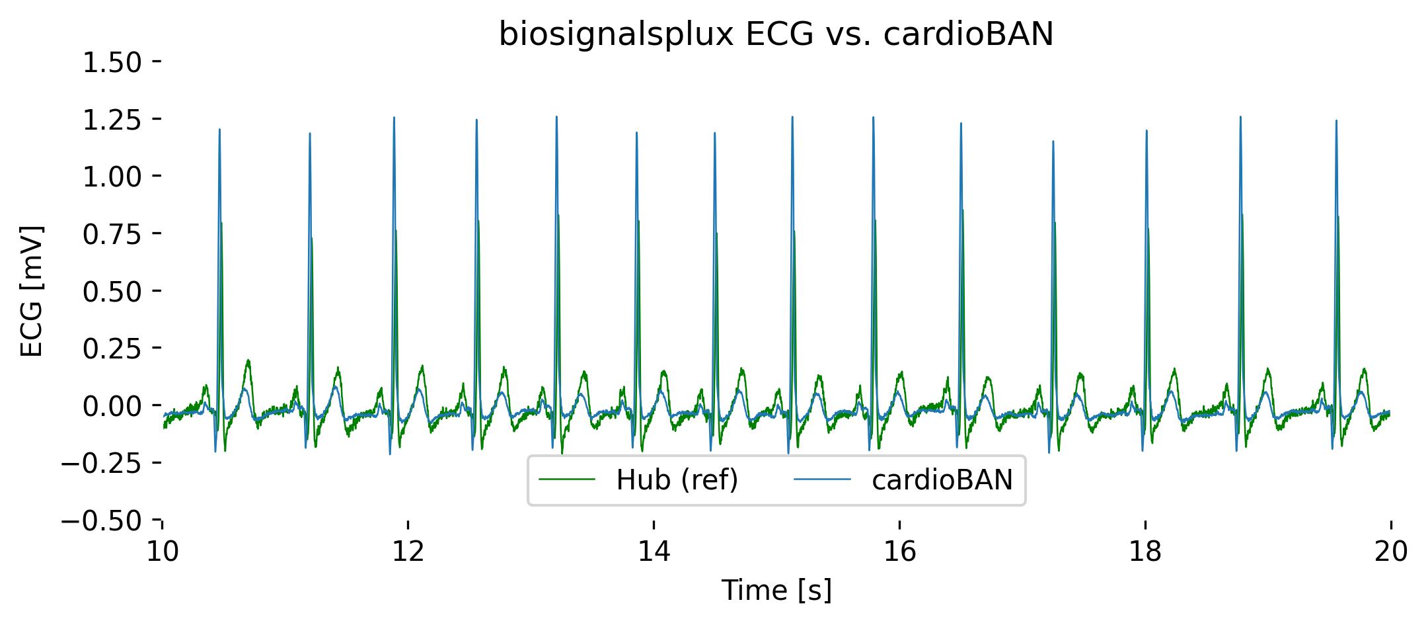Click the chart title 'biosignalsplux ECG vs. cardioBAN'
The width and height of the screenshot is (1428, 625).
pyautogui.click(x=776, y=35)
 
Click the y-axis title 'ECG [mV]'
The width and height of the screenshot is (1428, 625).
pyautogui.click(x=32, y=291)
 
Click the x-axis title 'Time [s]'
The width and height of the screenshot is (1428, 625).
pyautogui.click(x=776, y=590)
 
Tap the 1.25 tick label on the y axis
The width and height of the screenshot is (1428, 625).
pyautogui.click(x=112, y=120)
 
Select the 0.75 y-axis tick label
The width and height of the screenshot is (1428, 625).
pyautogui.click(x=112, y=234)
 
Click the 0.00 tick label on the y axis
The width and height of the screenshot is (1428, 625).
pyautogui.click(x=112, y=405)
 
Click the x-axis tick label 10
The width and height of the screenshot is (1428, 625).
pyautogui.click(x=163, y=552)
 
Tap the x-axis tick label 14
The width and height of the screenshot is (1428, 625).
pyautogui.click(x=654, y=552)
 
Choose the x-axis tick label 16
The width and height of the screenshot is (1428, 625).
pyautogui.click(x=899, y=552)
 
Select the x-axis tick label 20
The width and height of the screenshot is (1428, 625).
pyautogui.click(x=1390, y=552)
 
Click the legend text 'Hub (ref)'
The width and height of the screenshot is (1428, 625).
pyautogui.click(x=677, y=481)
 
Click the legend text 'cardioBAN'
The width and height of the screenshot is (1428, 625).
pyautogui.click(x=942, y=481)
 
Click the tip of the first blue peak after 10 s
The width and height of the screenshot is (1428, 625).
pyautogui.click(x=219, y=130)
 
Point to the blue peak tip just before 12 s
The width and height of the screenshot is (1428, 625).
pyautogui.click(x=394, y=118)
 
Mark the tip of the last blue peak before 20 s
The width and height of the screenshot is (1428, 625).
pyautogui.click(x=1336, y=121)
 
